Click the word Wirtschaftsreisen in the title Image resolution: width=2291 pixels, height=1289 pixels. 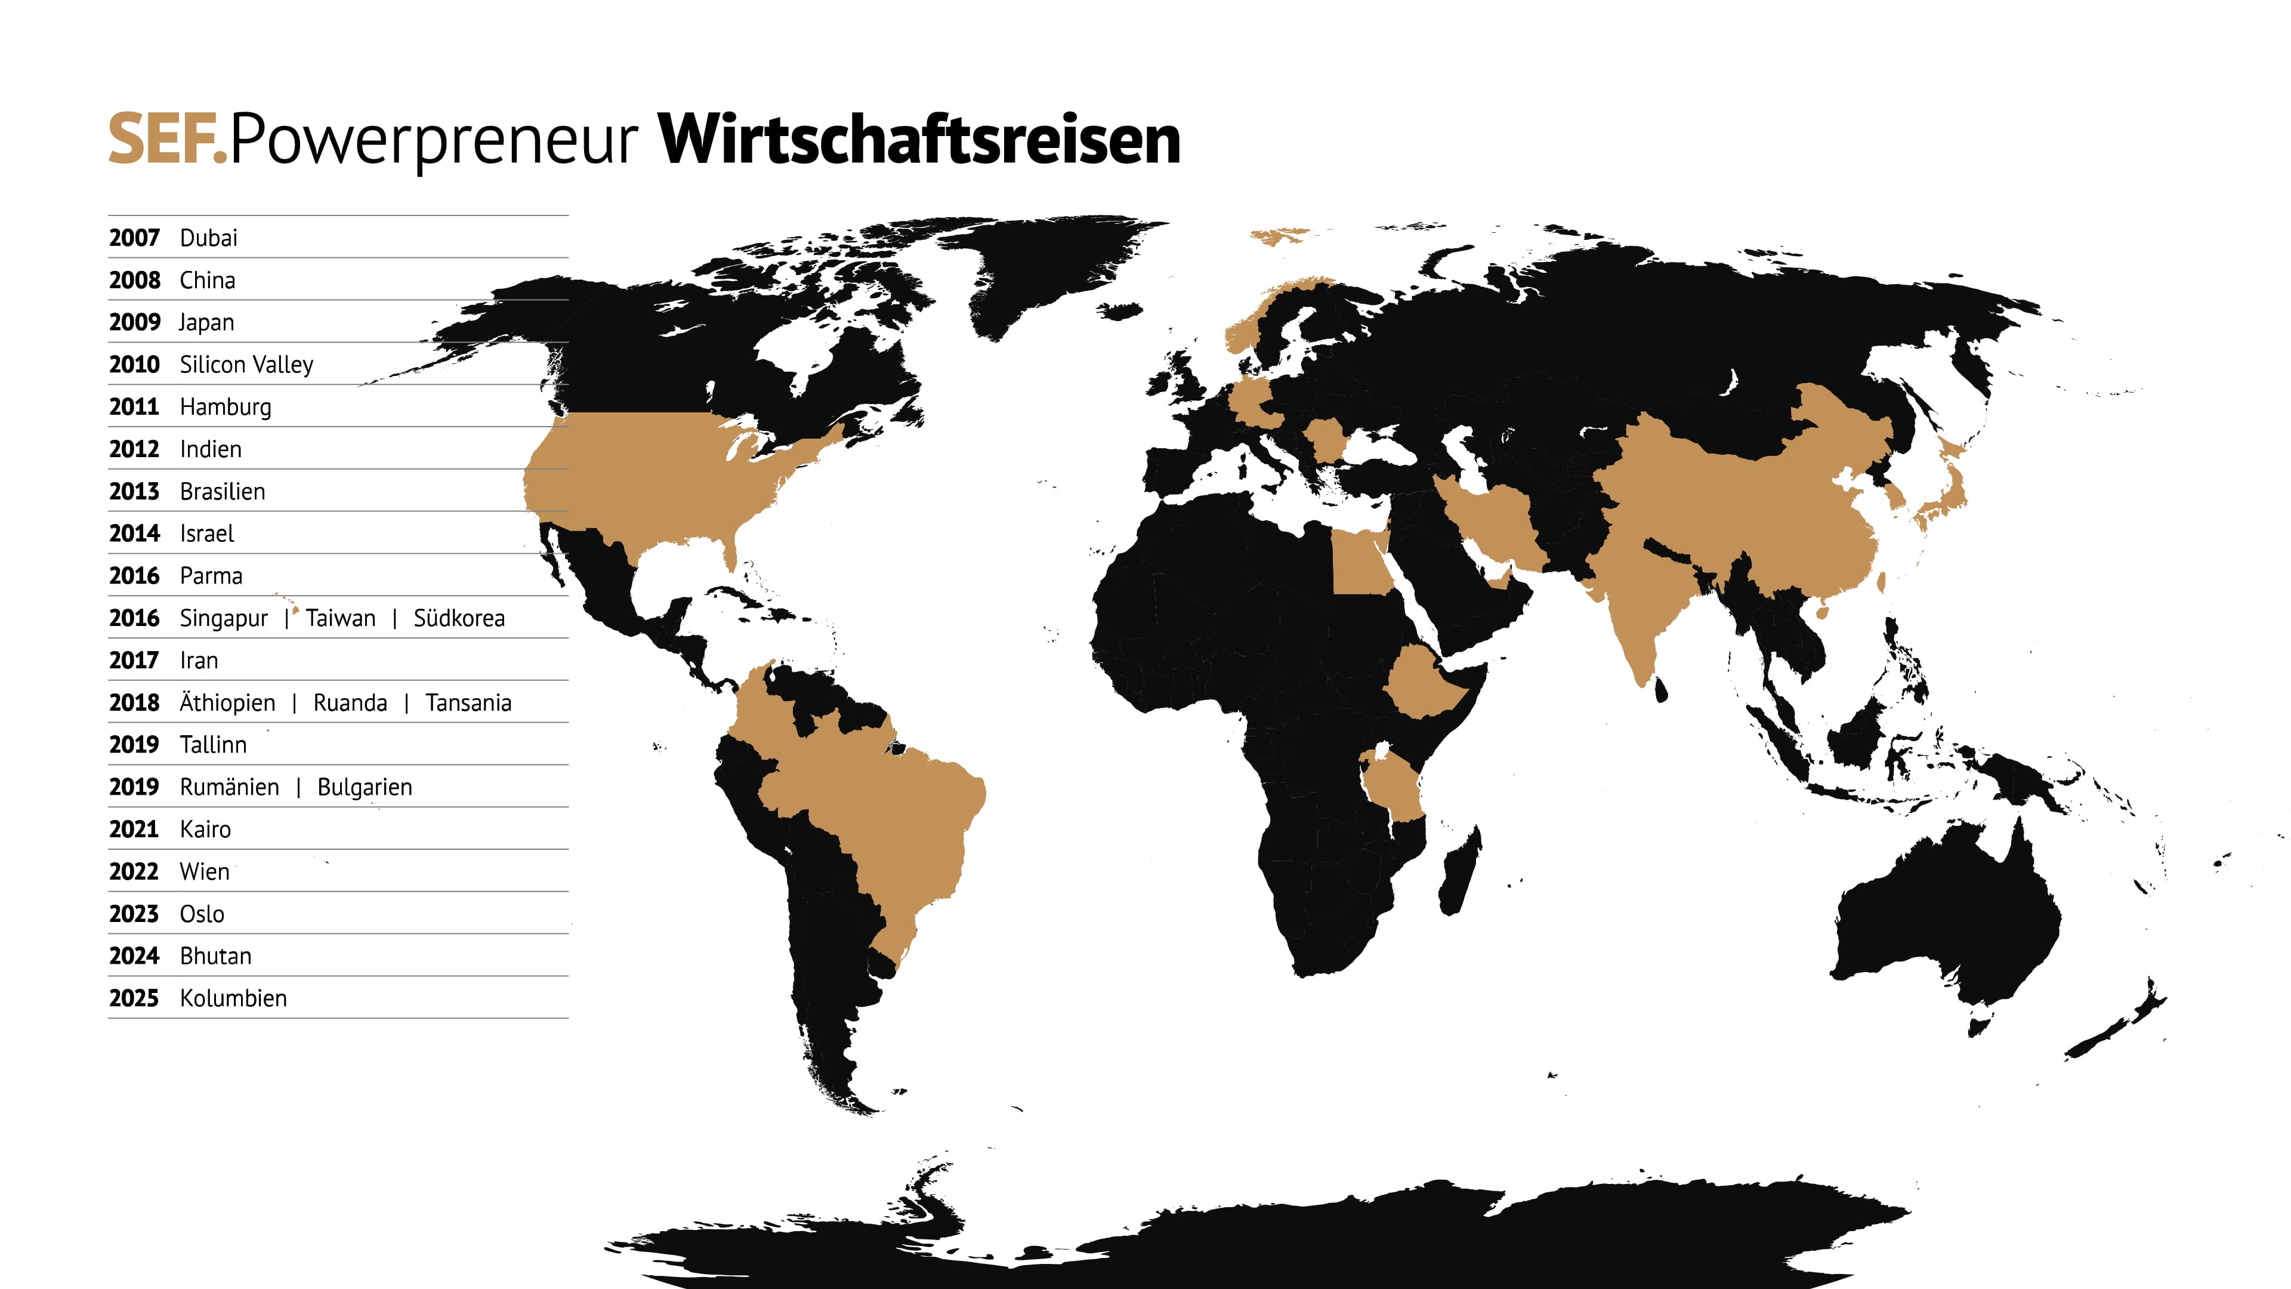coord(919,140)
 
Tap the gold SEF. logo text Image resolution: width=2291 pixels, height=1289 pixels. coord(167,140)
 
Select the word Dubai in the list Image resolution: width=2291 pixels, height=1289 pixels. coord(208,238)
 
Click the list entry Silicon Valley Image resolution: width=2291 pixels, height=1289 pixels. coord(246,365)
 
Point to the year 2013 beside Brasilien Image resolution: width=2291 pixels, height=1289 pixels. coord(134,491)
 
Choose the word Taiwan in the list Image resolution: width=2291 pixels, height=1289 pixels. coord(341,618)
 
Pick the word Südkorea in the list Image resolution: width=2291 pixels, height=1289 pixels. coord(459,618)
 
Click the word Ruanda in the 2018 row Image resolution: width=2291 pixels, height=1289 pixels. coord(350,703)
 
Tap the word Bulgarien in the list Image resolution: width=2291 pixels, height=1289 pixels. coord(365,787)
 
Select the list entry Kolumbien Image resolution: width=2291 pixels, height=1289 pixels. coord(233,998)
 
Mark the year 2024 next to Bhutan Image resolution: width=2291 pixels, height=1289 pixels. coord(134,956)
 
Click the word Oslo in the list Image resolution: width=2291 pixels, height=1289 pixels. coord(202,914)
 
